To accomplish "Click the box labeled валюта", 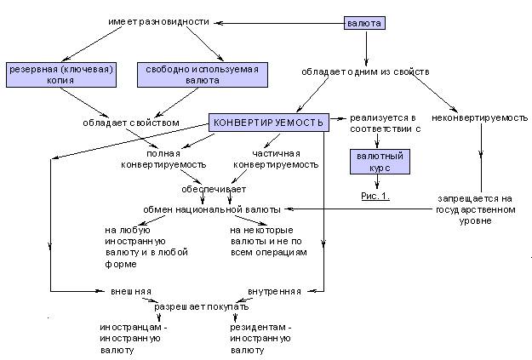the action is [x=364, y=23].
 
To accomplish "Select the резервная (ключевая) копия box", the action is [x=61, y=75].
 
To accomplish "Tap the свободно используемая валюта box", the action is [x=203, y=75].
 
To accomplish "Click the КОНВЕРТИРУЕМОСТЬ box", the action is [x=268, y=123].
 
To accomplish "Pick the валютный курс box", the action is [x=380, y=162].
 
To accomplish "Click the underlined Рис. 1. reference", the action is [x=375, y=196].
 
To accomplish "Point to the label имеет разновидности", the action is [x=159, y=22].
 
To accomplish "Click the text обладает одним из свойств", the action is [x=365, y=72].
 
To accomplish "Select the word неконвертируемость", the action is [x=480, y=118].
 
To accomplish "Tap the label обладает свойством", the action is [x=131, y=123].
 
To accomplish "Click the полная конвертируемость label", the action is [x=163, y=159].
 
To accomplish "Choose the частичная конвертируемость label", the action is [x=276, y=159].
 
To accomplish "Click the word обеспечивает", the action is [x=214, y=189].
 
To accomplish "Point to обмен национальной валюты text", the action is [x=212, y=209].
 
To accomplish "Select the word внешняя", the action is [x=131, y=291].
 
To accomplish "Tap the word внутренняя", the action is [x=274, y=291].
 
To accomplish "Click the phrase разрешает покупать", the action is [x=202, y=306].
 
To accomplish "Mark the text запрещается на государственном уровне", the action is [x=476, y=209].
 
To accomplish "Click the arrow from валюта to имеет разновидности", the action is [x=280, y=23].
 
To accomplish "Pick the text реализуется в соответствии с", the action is [x=386, y=123].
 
